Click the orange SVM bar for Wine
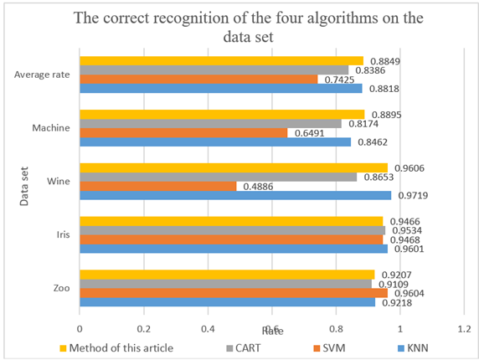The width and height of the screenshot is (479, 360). click(157, 186)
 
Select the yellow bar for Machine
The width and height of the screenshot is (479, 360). click(222, 114)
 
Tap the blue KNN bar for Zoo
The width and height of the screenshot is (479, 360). click(227, 301)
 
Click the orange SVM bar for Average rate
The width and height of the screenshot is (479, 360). click(198, 79)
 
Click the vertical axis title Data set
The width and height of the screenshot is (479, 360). click(24, 181)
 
